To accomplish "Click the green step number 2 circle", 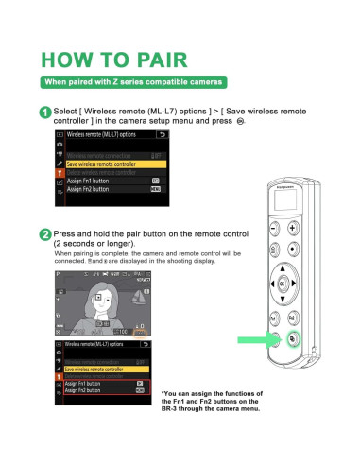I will click(45, 234).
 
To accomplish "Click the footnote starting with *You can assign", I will click(213, 405).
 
